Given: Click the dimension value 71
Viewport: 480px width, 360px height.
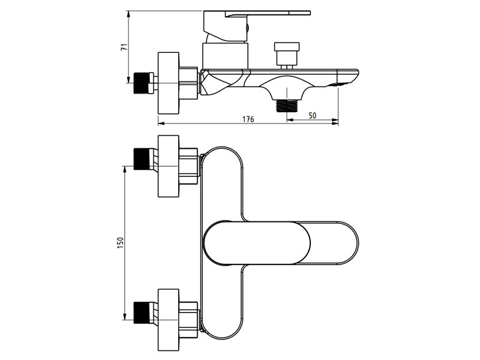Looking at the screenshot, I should tap(124, 48).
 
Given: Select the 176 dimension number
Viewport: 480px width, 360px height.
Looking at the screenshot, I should tap(248, 119).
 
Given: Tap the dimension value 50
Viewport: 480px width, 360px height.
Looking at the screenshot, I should tap(313, 115).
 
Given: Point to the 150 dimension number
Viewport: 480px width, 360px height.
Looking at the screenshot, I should tap(120, 242).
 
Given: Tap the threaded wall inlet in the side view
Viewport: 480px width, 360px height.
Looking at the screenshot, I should tap(143, 82).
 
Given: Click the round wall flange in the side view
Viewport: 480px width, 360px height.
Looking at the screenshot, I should tap(169, 83).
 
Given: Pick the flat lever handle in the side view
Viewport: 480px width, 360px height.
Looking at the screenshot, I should tap(264, 13).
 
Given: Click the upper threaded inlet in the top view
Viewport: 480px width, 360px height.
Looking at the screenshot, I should tap(143, 158).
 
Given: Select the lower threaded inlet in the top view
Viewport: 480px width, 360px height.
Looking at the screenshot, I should tap(143, 311).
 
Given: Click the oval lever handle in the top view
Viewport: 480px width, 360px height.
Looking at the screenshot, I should tap(258, 243).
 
